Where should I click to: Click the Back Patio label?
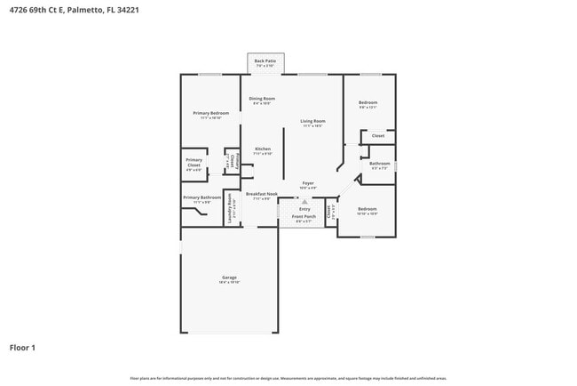click(265, 60)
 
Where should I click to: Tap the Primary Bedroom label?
click(212, 113)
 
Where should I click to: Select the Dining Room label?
click(262, 99)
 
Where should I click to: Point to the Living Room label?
click(312, 121)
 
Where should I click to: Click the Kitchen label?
click(263, 149)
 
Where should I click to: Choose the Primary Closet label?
click(194, 163)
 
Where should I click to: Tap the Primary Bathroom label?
click(202, 197)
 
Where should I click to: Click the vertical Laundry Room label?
click(230, 207)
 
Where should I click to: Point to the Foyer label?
click(308, 183)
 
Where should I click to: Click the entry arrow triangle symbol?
click(304, 202)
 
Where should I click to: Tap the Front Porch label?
click(304, 216)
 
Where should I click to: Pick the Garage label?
click(229, 278)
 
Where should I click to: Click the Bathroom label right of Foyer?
click(380, 164)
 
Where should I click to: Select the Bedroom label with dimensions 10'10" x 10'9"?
click(367, 209)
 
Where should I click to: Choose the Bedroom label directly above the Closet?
click(368, 103)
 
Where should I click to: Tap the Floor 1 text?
click(22, 348)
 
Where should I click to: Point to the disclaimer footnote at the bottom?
click(288, 377)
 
